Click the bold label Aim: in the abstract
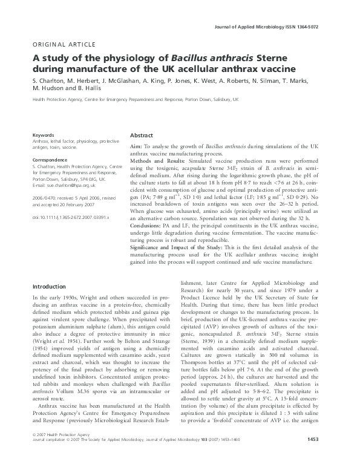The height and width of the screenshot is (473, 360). point(137,147)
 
